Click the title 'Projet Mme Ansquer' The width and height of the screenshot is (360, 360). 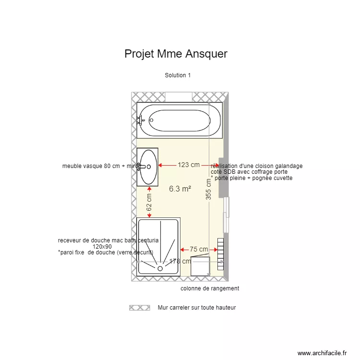[x=176, y=54]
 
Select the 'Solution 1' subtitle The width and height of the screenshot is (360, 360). [x=178, y=75]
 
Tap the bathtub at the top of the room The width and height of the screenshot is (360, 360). [x=179, y=120]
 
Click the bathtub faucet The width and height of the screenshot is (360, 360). [x=141, y=120]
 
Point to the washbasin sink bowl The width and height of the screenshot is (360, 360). [x=148, y=167]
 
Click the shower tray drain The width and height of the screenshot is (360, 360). [x=160, y=269]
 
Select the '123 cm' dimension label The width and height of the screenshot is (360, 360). [x=189, y=165]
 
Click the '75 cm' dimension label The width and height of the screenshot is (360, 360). [x=199, y=249]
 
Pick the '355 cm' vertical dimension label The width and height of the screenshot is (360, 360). [x=208, y=190]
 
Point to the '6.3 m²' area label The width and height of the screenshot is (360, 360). [x=180, y=189]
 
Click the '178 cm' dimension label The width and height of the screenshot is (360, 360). [x=178, y=262]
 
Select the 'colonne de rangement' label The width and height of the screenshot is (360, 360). [x=210, y=288]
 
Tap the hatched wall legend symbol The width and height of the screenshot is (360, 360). [x=139, y=308]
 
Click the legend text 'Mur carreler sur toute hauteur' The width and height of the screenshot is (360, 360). [x=197, y=308]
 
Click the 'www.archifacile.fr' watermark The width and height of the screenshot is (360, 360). [x=322, y=353]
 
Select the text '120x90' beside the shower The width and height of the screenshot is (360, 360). [x=102, y=246]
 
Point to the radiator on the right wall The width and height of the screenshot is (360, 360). [x=221, y=253]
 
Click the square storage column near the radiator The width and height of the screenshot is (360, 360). [x=200, y=266]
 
